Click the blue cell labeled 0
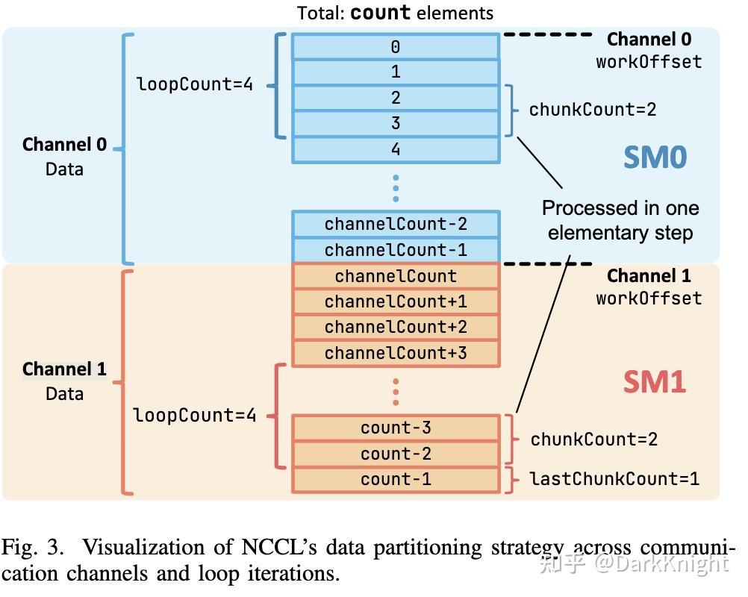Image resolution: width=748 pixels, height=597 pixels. coord(395,47)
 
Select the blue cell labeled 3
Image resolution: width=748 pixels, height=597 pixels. coord(395,123)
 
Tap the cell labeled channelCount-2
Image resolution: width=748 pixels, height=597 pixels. coord(395,224)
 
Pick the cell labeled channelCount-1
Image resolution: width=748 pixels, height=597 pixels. coord(395,250)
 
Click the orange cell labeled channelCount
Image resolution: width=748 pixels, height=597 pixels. coord(395,276)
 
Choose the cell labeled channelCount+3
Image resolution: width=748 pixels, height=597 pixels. coord(395,353)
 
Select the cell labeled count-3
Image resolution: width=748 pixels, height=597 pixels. coord(395,428)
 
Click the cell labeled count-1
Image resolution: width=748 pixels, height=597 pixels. coord(395,479)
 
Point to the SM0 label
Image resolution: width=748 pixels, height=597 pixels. coord(655,157)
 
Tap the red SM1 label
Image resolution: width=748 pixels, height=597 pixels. coord(654,382)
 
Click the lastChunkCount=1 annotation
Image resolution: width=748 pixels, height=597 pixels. coord(614,478)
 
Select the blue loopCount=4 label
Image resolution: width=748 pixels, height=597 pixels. coord(195,84)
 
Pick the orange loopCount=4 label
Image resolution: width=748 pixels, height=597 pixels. coord(195,415)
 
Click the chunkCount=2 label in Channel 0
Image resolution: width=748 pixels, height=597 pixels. coord(593,110)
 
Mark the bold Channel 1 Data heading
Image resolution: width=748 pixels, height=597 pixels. coord(64,381)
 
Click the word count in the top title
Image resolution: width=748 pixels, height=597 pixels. coord(380,13)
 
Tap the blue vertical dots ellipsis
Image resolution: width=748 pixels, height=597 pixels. coord(396,188)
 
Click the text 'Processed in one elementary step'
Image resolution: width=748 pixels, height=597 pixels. coord(620,220)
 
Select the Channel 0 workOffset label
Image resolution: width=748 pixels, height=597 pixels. coord(649,50)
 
